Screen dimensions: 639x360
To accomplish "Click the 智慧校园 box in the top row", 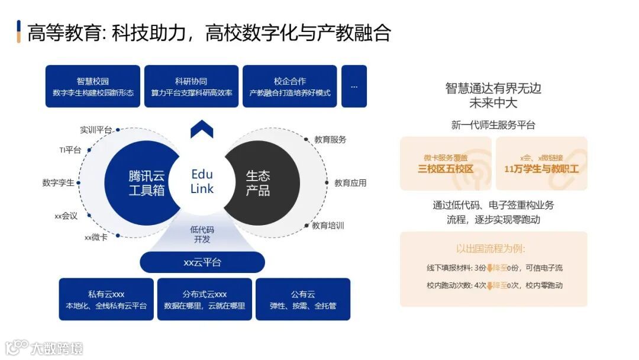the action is [x=93, y=86].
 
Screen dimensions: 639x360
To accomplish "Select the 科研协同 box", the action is [x=191, y=86].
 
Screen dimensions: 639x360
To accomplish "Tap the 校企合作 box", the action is [x=289, y=86].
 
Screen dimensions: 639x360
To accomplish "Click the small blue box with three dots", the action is [x=354, y=86].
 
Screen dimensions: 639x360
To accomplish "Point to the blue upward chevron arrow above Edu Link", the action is [x=202, y=128].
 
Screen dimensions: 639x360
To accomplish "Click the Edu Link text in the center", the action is [x=202, y=181].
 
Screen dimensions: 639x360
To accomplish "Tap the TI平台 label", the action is [x=70, y=150].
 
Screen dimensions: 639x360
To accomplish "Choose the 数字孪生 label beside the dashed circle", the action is [x=59, y=182].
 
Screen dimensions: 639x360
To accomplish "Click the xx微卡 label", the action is [x=96, y=237].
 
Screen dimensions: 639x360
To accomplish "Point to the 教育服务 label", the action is [x=330, y=140].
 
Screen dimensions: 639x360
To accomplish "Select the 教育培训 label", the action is [x=328, y=226].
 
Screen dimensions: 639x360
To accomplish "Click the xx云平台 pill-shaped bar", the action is [x=202, y=262].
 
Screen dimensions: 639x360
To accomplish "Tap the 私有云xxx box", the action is [x=106, y=300].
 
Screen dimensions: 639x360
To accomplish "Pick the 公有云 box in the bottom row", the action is [x=303, y=300].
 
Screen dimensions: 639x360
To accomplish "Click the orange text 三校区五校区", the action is [x=446, y=169].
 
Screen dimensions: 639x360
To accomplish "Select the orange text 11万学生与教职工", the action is [x=541, y=169].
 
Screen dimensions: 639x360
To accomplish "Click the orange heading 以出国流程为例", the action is [x=490, y=249].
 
